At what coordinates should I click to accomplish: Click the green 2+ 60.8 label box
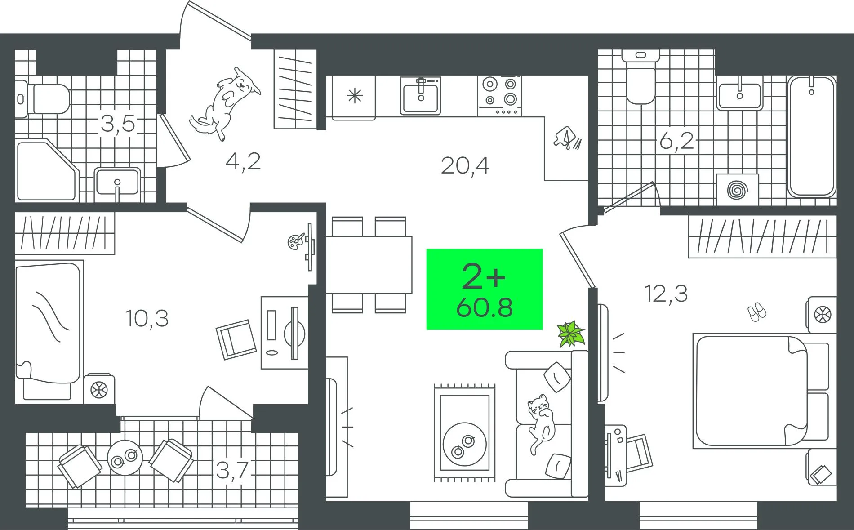[484, 289]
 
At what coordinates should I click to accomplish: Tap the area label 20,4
[465, 165]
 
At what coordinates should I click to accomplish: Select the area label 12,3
[666, 294]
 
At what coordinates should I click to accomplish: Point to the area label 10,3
[147, 318]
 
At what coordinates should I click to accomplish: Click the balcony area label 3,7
[232, 470]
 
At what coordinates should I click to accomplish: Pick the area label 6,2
[677, 141]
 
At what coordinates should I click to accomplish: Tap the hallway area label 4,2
[243, 161]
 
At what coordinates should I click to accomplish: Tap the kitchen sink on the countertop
[421, 96]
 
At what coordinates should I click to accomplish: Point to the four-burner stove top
[499, 96]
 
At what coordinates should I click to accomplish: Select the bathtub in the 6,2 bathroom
[812, 136]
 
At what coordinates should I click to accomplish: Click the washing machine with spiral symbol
[737, 190]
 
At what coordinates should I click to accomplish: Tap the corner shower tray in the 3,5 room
[46, 171]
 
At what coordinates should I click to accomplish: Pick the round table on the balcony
[125, 458]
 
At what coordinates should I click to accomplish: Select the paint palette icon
[296, 241]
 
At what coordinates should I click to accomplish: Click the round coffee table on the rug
[464, 444]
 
